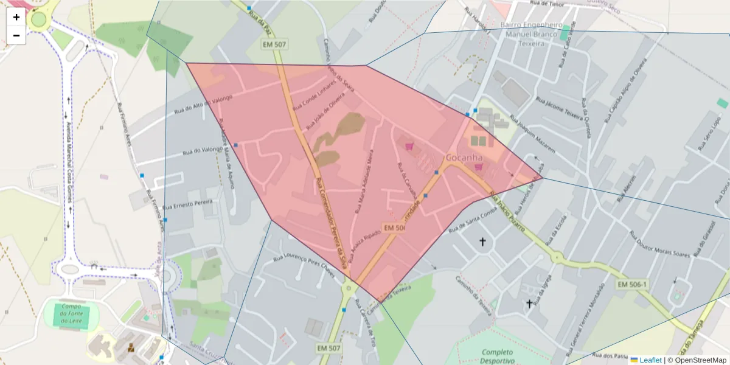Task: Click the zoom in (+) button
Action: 16,17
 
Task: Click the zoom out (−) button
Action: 16,35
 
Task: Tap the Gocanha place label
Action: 464,158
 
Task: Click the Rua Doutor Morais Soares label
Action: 659,244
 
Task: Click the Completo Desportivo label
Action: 498,356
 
